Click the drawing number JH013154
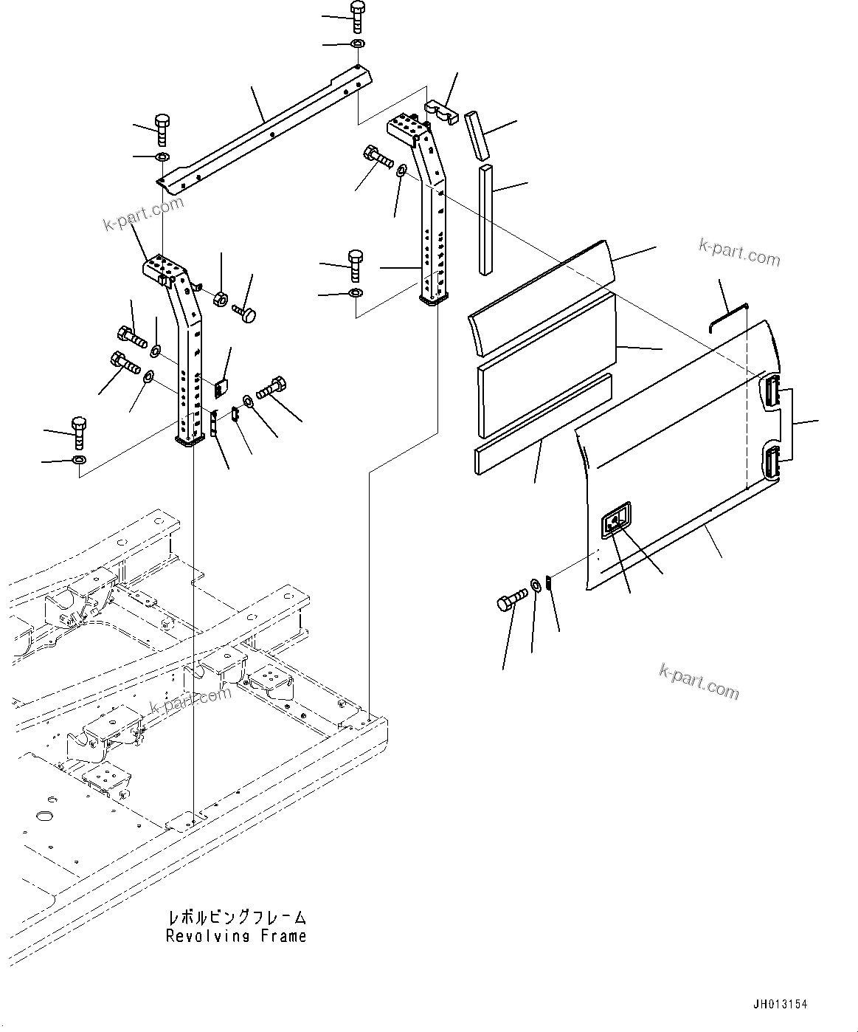click(780, 1005)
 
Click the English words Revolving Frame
click(235, 936)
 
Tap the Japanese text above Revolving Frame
click(236, 918)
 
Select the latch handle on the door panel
click(615, 523)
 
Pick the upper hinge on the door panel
click(772, 391)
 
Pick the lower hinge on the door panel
click(772, 463)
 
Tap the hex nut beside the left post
click(220, 299)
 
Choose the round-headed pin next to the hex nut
click(246, 314)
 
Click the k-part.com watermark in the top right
click(739, 252)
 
